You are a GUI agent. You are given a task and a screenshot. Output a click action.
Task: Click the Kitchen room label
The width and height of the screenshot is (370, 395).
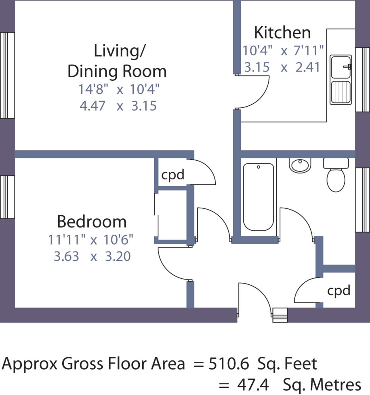282,33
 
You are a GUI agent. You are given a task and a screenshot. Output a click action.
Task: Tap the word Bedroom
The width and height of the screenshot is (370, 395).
92,222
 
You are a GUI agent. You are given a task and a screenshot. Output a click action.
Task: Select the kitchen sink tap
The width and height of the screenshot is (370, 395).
348,66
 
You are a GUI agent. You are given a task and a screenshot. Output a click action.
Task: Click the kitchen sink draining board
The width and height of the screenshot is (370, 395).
341,92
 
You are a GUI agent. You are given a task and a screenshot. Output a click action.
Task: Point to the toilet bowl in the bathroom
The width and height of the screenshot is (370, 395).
336,180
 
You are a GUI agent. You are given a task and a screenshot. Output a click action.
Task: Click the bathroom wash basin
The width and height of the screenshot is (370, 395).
300,165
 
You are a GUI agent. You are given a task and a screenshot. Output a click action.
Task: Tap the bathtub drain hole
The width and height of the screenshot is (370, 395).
259,167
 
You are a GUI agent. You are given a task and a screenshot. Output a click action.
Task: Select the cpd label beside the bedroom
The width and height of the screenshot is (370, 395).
173,175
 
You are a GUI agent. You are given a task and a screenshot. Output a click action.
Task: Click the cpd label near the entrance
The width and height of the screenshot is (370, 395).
339,291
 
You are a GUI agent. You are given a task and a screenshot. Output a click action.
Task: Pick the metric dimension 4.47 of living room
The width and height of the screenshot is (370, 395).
92,106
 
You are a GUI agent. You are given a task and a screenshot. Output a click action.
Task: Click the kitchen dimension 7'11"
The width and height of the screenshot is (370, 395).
309,50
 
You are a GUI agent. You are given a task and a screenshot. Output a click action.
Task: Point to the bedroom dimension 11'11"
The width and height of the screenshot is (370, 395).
67,239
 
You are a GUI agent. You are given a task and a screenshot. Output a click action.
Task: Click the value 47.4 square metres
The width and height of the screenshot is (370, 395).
253,385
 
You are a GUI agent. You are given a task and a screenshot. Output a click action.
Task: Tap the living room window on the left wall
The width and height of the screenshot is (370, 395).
7,75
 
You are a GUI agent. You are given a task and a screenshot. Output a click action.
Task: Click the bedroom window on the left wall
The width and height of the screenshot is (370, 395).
7,197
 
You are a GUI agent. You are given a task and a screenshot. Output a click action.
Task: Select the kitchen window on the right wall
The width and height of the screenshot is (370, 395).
363,80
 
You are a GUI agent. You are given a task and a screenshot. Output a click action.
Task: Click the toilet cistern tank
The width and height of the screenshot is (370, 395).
336,163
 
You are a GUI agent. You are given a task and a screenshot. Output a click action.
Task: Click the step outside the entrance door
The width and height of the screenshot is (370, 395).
280,315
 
